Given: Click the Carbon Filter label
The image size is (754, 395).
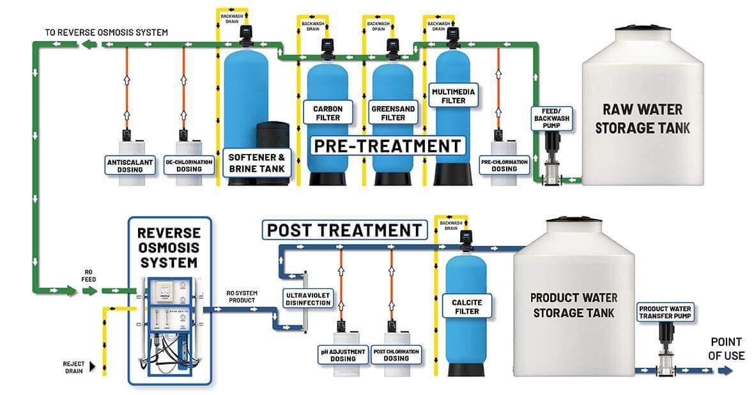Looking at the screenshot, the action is [328, 113].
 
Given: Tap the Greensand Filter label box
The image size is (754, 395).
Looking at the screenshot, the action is [393, 113].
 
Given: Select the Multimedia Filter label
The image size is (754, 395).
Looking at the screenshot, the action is [454, 96].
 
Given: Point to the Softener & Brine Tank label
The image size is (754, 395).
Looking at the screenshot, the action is [257, 163].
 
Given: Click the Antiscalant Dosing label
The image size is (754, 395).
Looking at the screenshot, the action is [130, 166].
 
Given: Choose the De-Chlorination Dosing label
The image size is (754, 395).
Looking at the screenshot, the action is [189, 166].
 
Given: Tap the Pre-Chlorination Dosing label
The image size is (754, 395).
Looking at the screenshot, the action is [504, 166].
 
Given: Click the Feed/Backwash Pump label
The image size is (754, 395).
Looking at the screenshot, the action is [551, 118].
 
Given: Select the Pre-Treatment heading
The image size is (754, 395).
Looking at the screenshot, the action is [388, 146].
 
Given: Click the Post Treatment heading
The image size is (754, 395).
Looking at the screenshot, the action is [344, 230].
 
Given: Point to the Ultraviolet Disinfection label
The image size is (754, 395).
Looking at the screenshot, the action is [308, 298].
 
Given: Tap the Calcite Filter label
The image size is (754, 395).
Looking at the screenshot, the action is [467, 306].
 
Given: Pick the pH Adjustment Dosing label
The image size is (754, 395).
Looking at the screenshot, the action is [343, 355].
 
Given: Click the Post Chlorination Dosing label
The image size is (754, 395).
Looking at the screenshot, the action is [396, 355].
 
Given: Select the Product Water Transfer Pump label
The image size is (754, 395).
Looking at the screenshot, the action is [665, 313].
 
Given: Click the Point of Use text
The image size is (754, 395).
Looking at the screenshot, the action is [726, 349].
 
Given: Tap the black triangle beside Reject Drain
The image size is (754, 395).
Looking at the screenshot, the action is [92, 367].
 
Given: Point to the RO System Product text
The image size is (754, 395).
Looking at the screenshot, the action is [242, 297].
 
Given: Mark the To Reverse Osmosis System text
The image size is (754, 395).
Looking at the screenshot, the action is [106, 33].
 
